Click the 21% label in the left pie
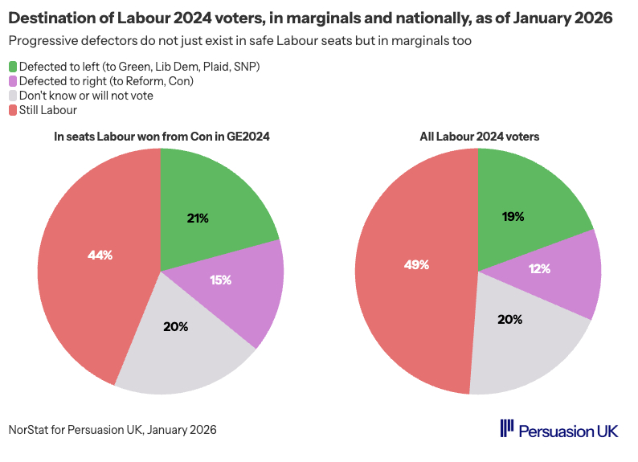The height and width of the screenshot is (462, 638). point(198,219)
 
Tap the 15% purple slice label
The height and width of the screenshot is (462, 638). point(221,280)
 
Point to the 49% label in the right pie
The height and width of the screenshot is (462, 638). point(416,264)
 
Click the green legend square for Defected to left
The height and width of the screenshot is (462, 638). point(12,66)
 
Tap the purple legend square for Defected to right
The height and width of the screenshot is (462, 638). point(12,80)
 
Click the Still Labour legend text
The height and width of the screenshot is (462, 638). point(47,109)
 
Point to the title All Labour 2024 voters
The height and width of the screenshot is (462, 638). point(479,137)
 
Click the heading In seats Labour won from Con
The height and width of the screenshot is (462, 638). point(161,137)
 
